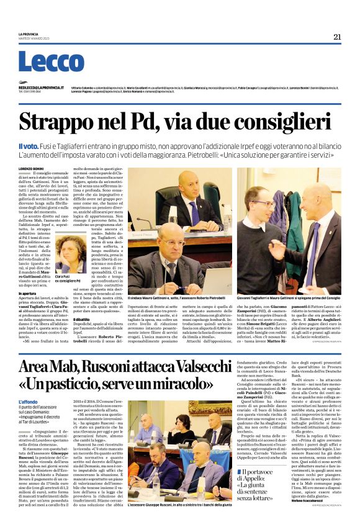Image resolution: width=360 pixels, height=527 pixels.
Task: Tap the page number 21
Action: pos(337,37)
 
